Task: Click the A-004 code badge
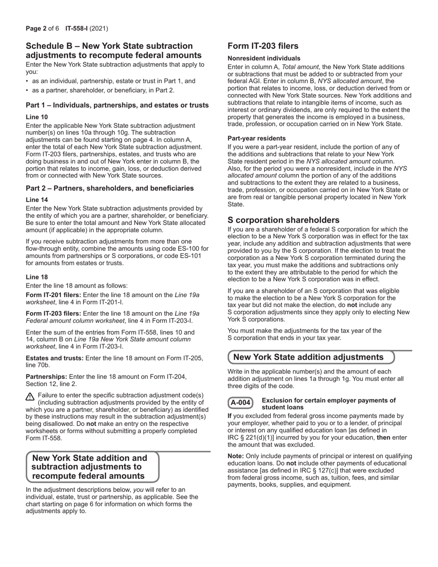pyautogui.click(x=240, y=403)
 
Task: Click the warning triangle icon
pyautogui.click(x=30, y=396)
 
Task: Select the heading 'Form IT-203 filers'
pyautogui.click(x=263, y=46)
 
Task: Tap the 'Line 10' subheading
pyautogui.click(x=36, y=117)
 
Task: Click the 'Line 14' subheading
pyautogui.click(x=36, y=200)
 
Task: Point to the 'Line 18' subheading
pyautogui.click(x=36, y=277)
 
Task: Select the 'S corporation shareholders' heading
pyautogui.click(x=283, y=220)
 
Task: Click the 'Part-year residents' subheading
pyautogui.click(x=256, y=138)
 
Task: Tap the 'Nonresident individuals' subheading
pyautogui.click(x=264, y=59)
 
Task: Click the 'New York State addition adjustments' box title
pyautogui.click(x=308, y=357)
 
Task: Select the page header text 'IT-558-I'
pyautogui.click(x=77, y=29)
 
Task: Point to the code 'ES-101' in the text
pyautogui.click(x=190, y=256)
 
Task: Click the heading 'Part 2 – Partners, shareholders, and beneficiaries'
pyautogui.click(x=110, y=189)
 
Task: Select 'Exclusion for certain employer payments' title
pyautogui.click(x=328, y=400)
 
